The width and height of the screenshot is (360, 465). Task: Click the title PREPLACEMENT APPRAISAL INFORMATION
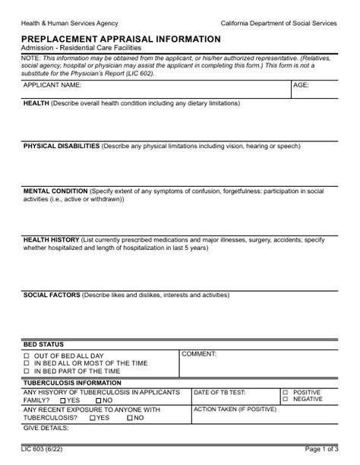tap(122, 39)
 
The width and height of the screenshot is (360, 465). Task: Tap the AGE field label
tap(302, 86)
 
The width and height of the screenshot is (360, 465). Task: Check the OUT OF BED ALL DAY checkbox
tap(27, 356)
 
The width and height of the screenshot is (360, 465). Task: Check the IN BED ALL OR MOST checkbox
tap(27, 363)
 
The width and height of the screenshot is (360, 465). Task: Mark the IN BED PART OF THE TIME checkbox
tap(27, 372)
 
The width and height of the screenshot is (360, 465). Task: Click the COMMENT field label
tap(199, 354)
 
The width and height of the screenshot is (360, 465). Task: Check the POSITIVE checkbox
tap(284, 392)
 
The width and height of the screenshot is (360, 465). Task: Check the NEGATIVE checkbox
tap(284, 399)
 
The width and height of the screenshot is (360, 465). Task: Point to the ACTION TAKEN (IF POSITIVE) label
tap(235, 409)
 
